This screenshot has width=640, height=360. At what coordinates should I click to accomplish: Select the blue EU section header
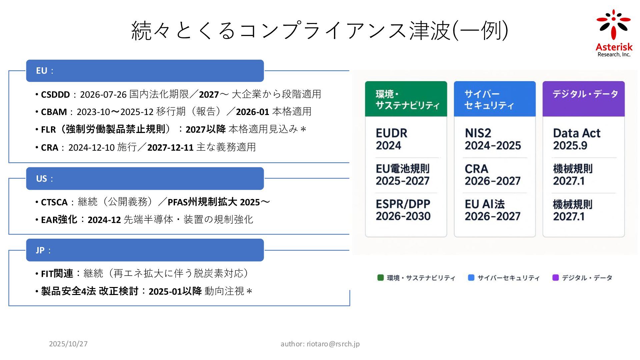145,71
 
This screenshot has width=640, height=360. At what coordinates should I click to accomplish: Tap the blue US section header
145,178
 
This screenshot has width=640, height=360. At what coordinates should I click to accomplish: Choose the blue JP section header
145,250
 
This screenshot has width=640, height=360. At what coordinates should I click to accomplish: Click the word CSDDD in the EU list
55,95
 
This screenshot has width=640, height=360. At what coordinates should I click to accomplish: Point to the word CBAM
54,112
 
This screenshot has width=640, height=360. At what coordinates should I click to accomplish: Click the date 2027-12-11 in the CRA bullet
170,147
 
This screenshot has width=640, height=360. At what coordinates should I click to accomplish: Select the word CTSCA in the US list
54,202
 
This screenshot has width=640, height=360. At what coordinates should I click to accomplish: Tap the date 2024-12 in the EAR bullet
104,220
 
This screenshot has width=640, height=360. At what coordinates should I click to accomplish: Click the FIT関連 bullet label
57,274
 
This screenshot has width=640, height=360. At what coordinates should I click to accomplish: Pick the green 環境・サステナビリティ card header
406,99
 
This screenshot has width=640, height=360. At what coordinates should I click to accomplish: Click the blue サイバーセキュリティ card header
495,99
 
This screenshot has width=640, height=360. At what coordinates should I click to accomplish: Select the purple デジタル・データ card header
583,99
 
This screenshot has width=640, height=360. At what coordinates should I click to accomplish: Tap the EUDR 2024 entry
391,139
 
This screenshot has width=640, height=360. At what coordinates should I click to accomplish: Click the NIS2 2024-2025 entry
492,139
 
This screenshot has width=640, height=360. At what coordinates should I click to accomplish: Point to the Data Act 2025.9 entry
576,139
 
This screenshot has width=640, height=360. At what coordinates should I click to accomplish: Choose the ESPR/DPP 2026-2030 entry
403,210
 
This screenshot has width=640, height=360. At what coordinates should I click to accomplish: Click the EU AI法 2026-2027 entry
492,210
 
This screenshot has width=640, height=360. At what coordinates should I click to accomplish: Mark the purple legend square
555,278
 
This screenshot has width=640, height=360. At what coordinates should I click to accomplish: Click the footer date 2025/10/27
68,344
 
